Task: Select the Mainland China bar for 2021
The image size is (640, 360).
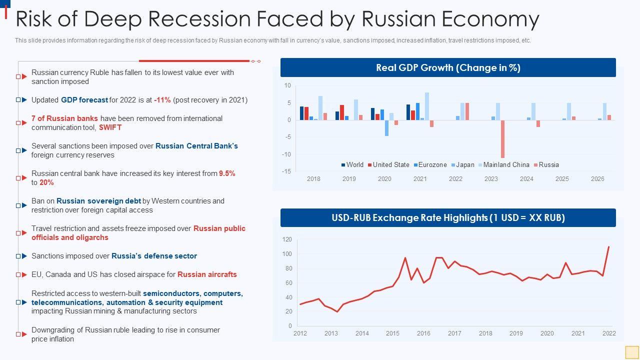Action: (427, 106)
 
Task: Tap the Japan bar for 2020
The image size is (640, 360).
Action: (386, 128)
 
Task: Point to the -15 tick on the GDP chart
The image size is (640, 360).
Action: (287, 171)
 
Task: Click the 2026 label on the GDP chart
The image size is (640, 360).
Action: (597, 179)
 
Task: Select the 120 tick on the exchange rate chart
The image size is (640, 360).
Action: (287, 240)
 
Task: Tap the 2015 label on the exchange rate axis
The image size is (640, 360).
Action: (392, 333)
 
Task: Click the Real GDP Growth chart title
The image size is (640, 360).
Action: (448, 68)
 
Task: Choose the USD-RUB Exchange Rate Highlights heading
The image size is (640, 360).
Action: (448, 218)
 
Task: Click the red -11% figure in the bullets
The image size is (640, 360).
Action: (162, 100)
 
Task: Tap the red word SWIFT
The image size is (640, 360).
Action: (110, 127)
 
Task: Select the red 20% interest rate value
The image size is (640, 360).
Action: (46, 182)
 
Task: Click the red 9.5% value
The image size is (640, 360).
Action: (227, 173)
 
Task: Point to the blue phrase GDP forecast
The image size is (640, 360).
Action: (84, 100)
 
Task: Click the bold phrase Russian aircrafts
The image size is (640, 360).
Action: (207, 274)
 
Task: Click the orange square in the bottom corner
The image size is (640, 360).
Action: (632, 352)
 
